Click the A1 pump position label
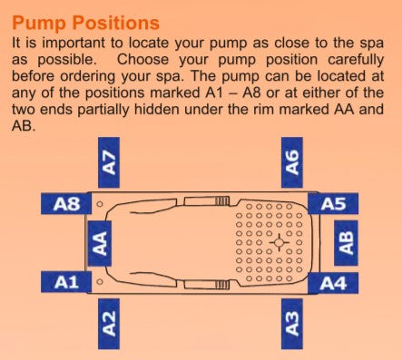(66, 282)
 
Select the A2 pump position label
(109, 324)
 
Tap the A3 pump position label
(292, 324)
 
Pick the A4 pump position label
(333, 283)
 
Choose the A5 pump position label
(333, 204)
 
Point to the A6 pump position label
(292, 162)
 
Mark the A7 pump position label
(109, 162)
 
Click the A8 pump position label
(66, 204)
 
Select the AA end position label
(100, 243)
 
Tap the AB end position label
(346, 243)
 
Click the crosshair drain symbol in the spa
(279, 242)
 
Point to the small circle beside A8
(99, 204)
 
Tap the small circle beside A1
(99, 282)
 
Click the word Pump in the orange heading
(38, 24)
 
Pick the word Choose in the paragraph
(142, 60)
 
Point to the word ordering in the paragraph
(88, 77)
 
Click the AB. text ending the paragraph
(24, 126)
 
